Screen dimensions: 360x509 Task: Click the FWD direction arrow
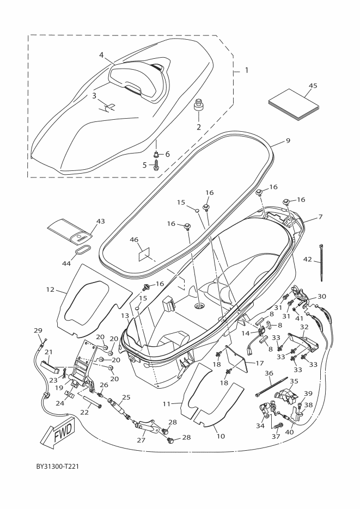click(58, 434)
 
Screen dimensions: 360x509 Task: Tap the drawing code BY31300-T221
click(57, 467)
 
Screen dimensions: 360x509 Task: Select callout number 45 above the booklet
click(313, 85)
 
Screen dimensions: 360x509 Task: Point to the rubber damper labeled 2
click(198, 106)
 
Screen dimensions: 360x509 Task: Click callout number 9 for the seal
click(288, 140)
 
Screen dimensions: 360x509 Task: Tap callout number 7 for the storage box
click(320, 217)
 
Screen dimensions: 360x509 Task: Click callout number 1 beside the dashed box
click(247, 70)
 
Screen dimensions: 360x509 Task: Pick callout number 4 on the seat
click(101, 55)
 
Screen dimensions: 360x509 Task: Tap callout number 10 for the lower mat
click(221, 436)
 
